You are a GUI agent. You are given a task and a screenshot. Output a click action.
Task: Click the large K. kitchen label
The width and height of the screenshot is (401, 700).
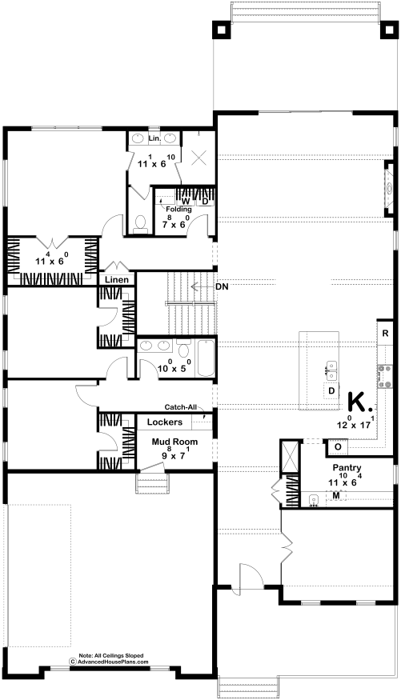[x=360, y=402]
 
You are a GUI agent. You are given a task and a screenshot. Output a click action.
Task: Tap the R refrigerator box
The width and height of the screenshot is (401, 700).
[x=385, y=334]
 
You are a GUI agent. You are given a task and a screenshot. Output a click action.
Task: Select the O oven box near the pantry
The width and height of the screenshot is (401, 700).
[x=338, y=446]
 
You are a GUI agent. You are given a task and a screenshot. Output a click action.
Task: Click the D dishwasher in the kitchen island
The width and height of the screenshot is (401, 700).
[x=331, y=391]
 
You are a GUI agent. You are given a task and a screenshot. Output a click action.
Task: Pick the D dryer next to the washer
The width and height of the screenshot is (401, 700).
[x=205, y=201]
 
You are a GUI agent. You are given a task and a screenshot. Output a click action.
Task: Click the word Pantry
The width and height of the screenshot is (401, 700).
[x=347, y=468]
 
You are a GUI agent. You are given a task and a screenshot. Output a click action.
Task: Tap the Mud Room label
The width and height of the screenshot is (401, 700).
[x=174, y=442]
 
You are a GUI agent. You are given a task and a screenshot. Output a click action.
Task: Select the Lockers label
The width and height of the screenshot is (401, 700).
[x=164, y=422]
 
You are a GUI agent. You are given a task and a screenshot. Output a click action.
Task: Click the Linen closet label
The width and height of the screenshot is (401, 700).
[x=117, y=280]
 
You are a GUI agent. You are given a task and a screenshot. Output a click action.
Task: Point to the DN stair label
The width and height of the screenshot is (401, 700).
[x=222, y=287]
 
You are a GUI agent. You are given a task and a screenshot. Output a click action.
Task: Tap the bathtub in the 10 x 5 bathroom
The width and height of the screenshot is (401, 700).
[x=205, y=358]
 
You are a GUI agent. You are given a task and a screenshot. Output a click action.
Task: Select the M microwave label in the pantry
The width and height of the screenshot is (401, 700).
[x=336, y=495]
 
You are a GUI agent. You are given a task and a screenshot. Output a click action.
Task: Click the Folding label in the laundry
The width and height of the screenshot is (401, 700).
[x=178, y=209]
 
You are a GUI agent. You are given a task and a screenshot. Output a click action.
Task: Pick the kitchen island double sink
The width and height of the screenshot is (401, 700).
[x=331, y=371]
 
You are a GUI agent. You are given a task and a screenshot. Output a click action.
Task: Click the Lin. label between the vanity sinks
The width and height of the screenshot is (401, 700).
[x=154, y=139]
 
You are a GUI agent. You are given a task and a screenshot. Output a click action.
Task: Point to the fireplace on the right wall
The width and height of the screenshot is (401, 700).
[x=389, y=188]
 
